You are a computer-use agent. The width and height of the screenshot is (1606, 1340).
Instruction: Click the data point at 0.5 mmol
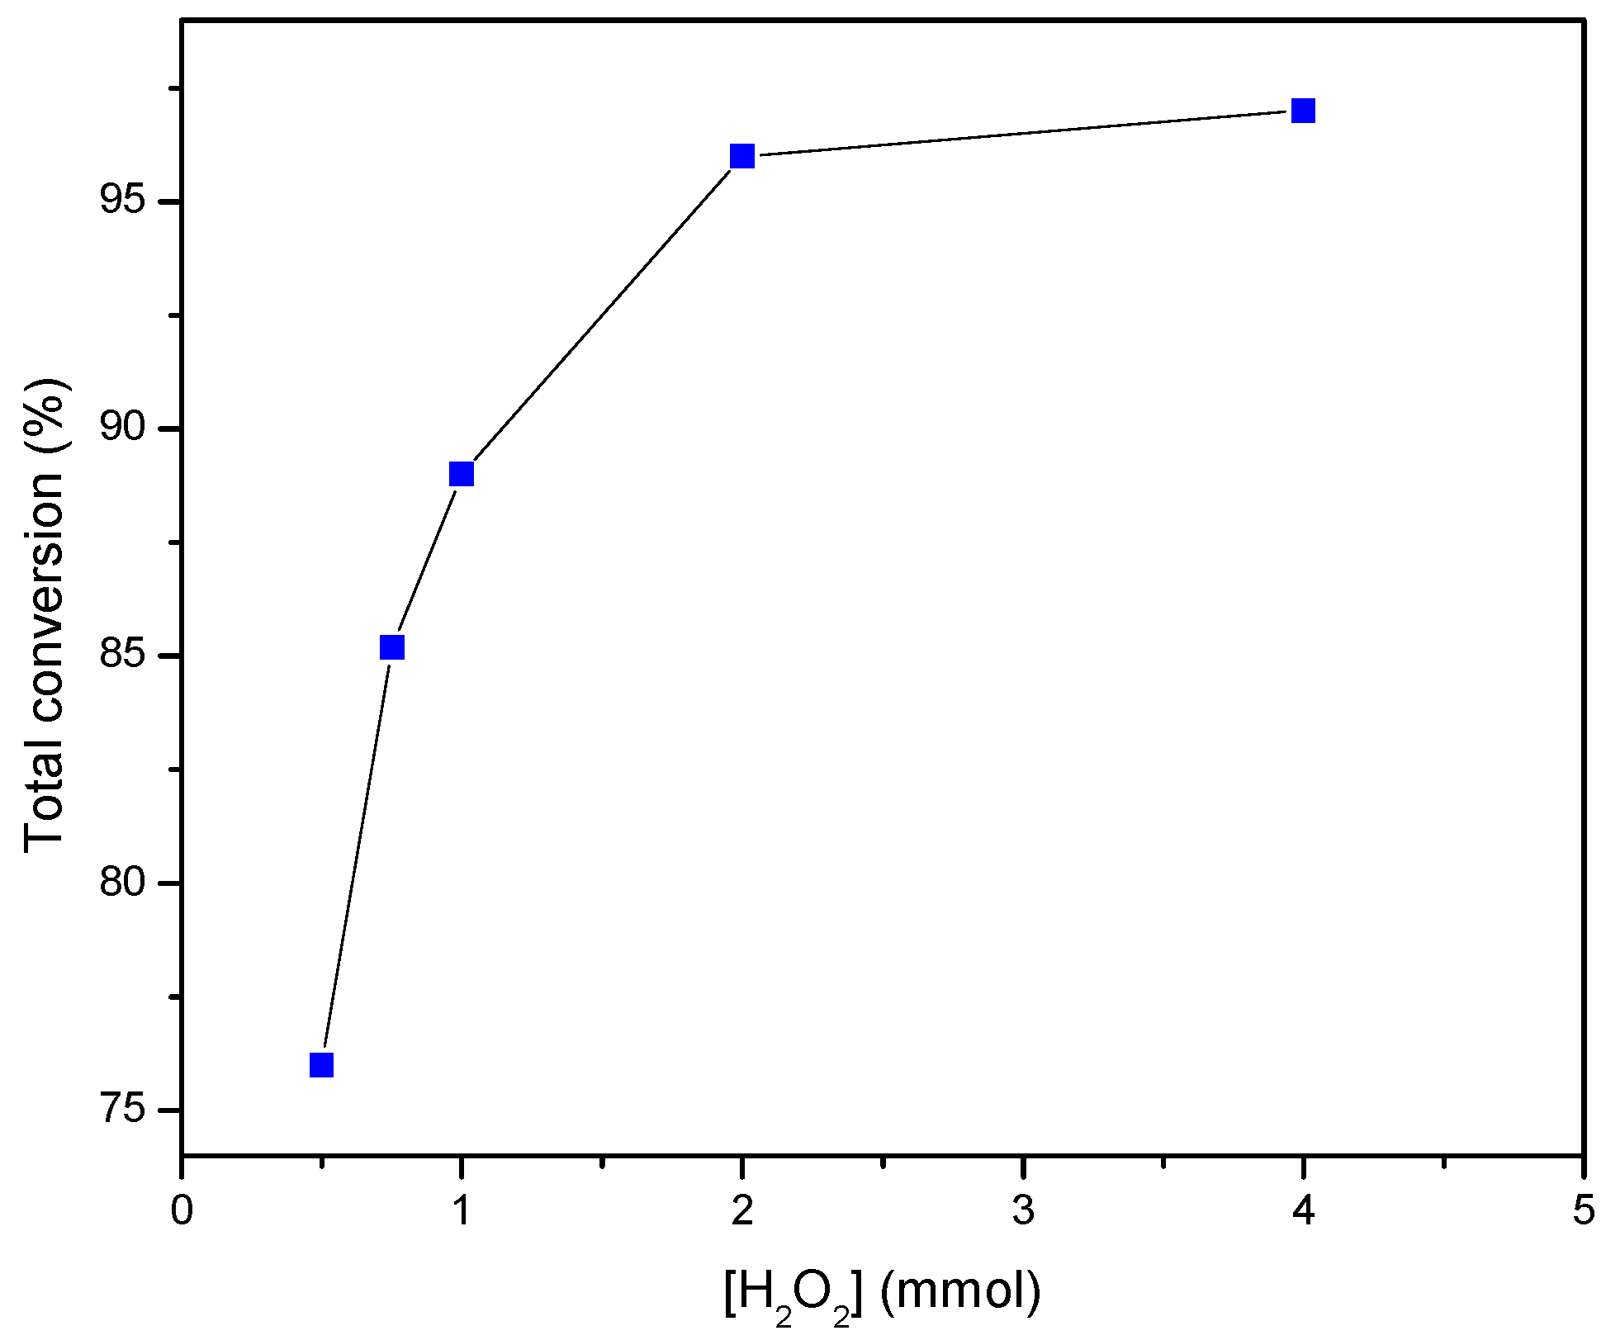pos(321,1065)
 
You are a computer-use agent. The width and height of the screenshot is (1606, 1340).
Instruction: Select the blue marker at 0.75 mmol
pos(391,647)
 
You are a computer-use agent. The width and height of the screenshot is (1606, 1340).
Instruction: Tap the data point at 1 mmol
pos(462,474)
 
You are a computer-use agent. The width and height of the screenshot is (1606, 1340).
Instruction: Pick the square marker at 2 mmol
pos(742,155)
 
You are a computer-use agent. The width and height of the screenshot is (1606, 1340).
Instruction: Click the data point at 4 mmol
pos(1303,111)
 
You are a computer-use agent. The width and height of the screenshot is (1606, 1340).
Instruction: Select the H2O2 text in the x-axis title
pos(793,1293)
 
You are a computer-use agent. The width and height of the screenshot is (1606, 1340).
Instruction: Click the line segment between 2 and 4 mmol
pos(1023,133)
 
